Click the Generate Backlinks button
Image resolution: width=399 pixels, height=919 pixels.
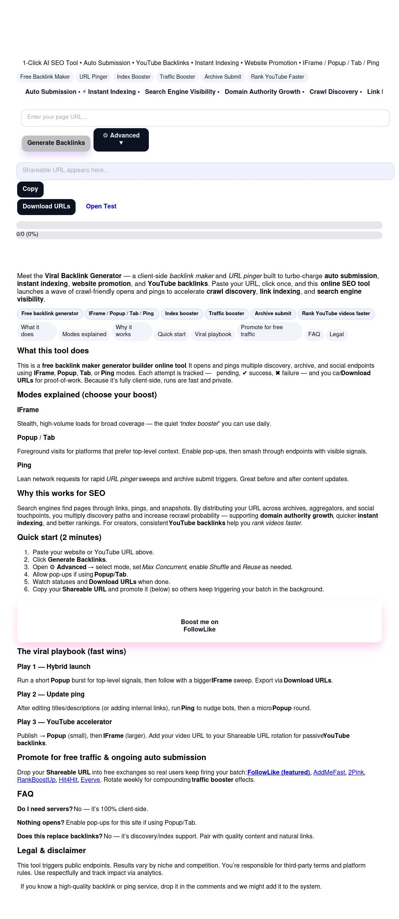(56, 143)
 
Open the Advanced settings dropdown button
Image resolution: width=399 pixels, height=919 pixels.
(121, 139)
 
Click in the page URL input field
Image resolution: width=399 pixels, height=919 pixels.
(205, 118)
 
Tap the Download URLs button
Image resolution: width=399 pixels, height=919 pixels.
(46, 206)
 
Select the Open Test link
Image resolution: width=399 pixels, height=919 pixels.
(101, 206)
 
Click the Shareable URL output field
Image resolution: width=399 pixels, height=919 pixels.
(205, 171)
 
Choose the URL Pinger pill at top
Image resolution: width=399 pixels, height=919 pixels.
(94, 77)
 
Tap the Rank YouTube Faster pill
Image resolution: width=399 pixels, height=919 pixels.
(277, 77)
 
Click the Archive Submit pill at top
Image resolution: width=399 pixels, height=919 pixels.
(223, 77)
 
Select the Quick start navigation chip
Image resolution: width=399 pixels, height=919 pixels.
(171, 334)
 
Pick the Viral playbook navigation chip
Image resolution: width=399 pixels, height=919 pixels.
(213, 334)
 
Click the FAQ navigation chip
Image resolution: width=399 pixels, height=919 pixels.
(314, 334)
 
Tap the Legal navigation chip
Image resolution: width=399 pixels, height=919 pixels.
(337, 334)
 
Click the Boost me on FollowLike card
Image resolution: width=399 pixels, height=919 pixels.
(199, 625)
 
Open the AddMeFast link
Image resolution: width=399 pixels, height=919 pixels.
(329, 772)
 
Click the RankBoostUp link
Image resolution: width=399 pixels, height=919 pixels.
(36, 780)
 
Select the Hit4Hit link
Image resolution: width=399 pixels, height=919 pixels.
(68, 780)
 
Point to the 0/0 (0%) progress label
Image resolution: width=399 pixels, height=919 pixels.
(27, 234)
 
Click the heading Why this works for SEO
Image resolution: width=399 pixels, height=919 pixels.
(61, 493)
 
